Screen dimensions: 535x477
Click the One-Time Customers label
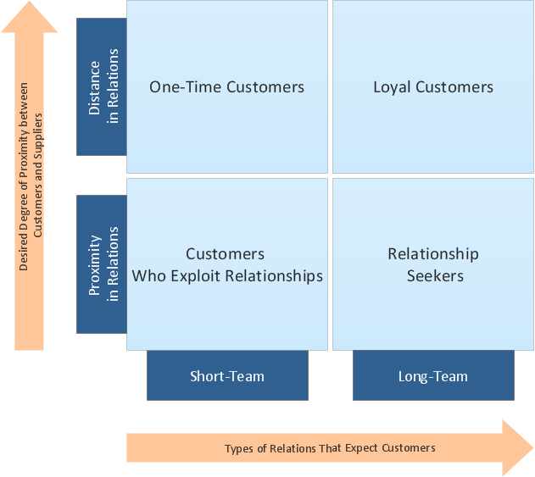click(x=226, y=87)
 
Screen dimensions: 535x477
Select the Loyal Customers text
click(x=433, y=87)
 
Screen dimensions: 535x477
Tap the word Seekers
click(x=435, y=276)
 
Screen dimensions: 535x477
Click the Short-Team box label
click(x=227, y=376)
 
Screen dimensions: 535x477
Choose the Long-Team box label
click(x=433, y=377)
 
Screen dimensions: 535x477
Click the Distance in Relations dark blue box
click(x=102, y=86)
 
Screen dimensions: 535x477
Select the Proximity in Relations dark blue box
click(x=102, y=264)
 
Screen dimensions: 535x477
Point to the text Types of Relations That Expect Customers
click(x=330, y=448)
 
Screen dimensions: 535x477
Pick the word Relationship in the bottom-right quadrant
click(x=433, y=254)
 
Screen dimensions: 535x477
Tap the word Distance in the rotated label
click(x=94, y=88)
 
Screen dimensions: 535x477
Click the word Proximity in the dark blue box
click(x=95, y=265)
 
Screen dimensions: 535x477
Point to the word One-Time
click(x=186, y=87)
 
